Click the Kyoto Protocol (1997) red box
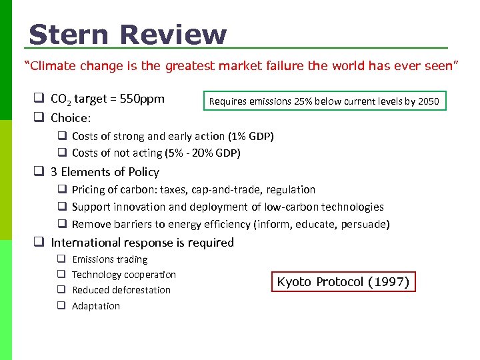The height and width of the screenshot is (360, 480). tap(343, 281)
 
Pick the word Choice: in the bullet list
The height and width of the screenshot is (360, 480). tap(71, 118)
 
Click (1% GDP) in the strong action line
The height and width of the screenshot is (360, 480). tap(251, 136)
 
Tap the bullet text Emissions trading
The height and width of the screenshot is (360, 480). tap(110, 259)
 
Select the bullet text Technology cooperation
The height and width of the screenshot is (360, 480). tap(124, 275)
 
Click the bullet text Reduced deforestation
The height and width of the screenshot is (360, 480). tap(121, 290)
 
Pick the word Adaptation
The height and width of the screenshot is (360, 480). tap(96, 306)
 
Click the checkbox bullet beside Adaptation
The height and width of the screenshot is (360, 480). tap(60, 306)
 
